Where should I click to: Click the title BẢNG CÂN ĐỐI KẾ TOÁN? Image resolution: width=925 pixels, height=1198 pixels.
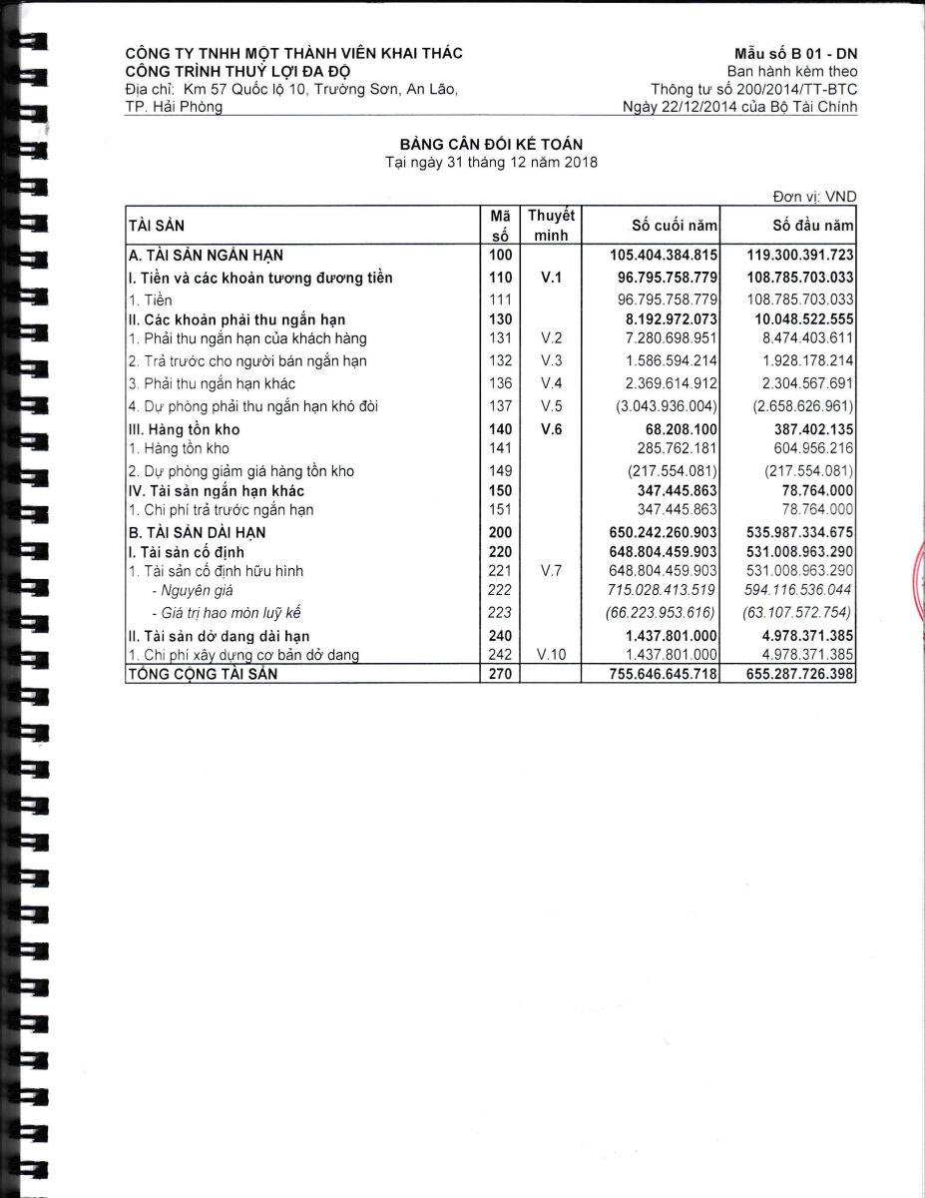(491, 146)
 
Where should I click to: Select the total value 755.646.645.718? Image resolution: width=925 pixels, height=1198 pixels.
(663, 675)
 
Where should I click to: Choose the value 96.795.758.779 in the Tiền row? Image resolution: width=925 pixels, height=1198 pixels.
(663, 299)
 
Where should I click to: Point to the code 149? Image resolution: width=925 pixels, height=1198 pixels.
(501, 470)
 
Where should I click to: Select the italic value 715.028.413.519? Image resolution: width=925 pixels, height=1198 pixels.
(663, 590)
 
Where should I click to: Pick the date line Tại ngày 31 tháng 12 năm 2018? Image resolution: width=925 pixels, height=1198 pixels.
(491, 163)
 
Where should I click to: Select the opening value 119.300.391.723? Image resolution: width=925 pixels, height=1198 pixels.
(799, 256)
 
